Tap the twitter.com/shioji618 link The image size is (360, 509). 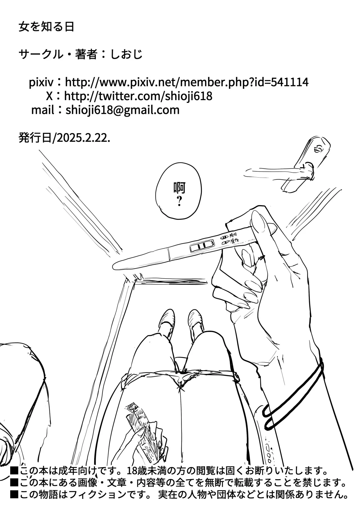(x=138, y=96)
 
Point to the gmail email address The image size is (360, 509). (x=123, y=110)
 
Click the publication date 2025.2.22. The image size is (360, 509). (x=83, y=138)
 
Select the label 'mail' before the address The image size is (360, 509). (x=42, y=110)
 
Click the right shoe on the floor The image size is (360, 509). (x=195, y=318)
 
